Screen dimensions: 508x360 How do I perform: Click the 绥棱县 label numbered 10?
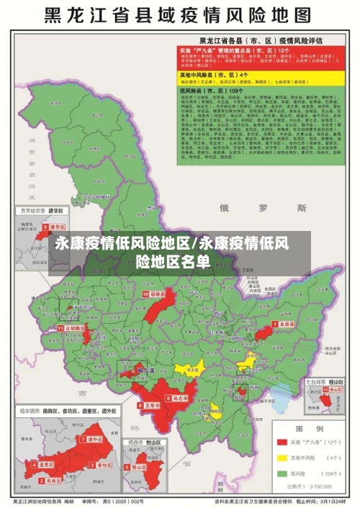point(155,294)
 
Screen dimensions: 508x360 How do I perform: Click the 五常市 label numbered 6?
point(150,406)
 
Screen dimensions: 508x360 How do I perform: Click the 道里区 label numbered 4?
point(45,465)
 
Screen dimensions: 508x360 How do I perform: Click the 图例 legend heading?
point(310,427)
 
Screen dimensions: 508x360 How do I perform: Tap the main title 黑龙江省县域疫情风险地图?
point(180,15)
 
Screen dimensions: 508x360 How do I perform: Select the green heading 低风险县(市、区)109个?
point(215,91)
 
